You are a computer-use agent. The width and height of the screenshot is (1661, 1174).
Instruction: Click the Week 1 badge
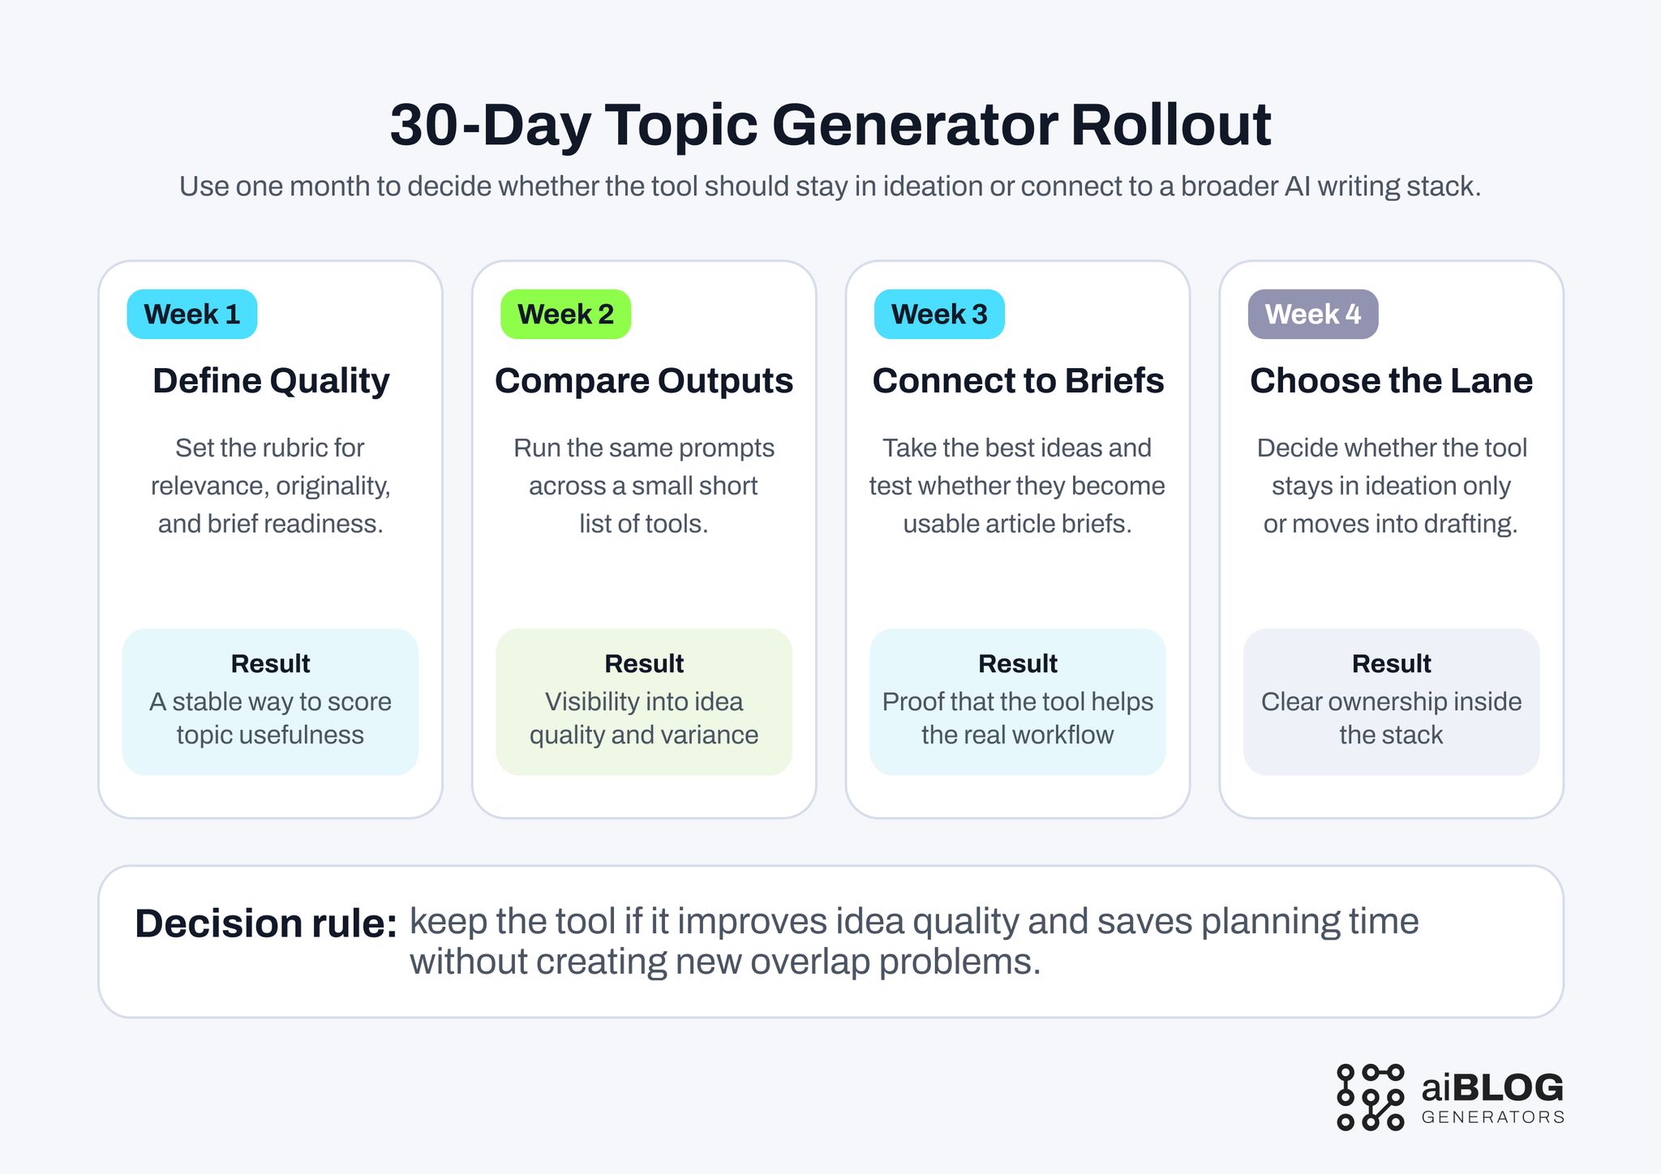pyautogui.click(x=192, y=315)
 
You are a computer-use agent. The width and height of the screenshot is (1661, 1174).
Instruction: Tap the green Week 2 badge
pyautogui.click(x=565, y=315)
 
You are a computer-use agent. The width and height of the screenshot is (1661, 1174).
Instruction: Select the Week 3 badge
pyautogui.click(x=939, y=315)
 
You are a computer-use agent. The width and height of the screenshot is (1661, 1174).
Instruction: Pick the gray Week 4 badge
pyautogui.click(x=1312, y=315)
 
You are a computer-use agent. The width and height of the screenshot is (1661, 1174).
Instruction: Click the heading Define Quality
pyautogui.click(x=271, y=381)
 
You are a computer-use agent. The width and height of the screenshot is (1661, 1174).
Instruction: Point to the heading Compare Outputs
pyautogui.click(x=644, y=381)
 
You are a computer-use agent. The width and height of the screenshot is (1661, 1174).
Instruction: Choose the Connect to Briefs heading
pyautogui.click(x=1018, y=381)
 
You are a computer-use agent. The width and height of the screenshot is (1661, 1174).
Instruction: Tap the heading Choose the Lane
pyautogui.click(x=1391, y=381)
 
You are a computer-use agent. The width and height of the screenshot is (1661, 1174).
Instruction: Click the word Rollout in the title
pyautogui.click(x=1170, y=126)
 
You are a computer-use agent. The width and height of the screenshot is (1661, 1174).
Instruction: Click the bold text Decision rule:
pyautogui.click(x=266, y=923)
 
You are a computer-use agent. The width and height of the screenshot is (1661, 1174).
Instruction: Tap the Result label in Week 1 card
pyautogui.click(x=270, y=664)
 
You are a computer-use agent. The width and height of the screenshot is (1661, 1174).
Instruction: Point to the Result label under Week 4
pyautogui.click(x=1391, y=664)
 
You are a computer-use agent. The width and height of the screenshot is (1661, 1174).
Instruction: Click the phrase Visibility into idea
pyautogui.click(x=644, y=702)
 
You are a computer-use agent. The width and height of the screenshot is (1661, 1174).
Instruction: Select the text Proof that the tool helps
pyautogui.click(x=1018, y=702)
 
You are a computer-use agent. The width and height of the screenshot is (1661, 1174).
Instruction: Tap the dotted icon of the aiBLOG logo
pyautogui.click(x=1370, y=1097)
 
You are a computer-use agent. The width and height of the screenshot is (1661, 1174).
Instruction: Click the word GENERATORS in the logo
pyautogui.click(x=1492, y=1117)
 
